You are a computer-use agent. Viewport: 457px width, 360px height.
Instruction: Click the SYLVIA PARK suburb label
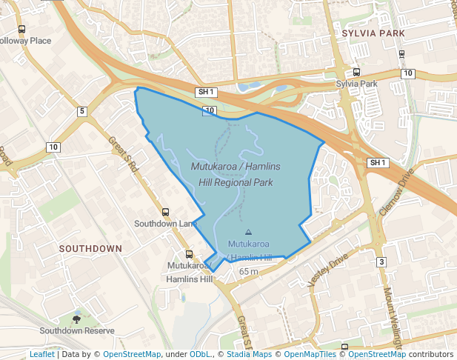(374, 34)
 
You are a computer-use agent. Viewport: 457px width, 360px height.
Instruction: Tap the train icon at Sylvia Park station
(357, 73)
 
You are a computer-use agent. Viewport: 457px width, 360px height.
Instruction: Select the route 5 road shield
(82, 111)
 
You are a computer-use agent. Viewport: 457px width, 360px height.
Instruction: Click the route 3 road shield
(381, 261)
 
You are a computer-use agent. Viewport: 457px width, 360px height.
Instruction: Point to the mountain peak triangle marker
(247, 232)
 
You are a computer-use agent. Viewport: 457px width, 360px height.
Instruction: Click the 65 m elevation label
(248, 272)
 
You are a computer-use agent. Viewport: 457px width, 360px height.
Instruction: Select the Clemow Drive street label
(396, 191)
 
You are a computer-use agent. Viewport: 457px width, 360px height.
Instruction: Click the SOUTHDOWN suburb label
(90, 248)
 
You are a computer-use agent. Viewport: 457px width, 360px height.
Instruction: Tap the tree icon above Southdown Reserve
(77, 319)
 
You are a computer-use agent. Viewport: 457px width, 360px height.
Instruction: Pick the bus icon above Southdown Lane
(165, 212)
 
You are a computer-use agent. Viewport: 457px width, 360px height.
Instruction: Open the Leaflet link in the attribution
(41, 354)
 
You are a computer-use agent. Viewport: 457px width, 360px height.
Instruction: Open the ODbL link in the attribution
(199, 354)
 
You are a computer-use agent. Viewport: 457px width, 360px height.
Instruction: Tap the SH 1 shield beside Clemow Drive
(378, 162)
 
